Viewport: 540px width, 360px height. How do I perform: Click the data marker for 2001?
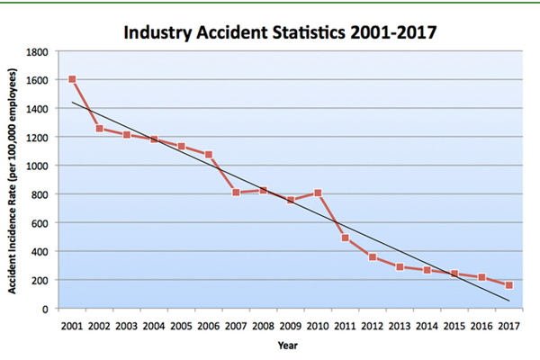[x=72, y=79]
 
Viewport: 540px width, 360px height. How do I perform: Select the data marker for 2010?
[x=318, y=193]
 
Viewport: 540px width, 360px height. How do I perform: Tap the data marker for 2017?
[x=509, y=285]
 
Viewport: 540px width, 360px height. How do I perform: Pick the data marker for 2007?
[x=236, y=193]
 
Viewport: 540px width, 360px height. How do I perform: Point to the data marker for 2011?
[x=345, y=238]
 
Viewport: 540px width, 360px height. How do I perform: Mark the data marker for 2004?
[x=154, y=139]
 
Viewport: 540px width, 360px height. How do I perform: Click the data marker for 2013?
[x=400, y=267]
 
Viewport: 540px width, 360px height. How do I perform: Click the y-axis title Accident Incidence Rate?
[x=15, y=180]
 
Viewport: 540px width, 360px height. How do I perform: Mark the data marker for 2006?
[x=209, y=155]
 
